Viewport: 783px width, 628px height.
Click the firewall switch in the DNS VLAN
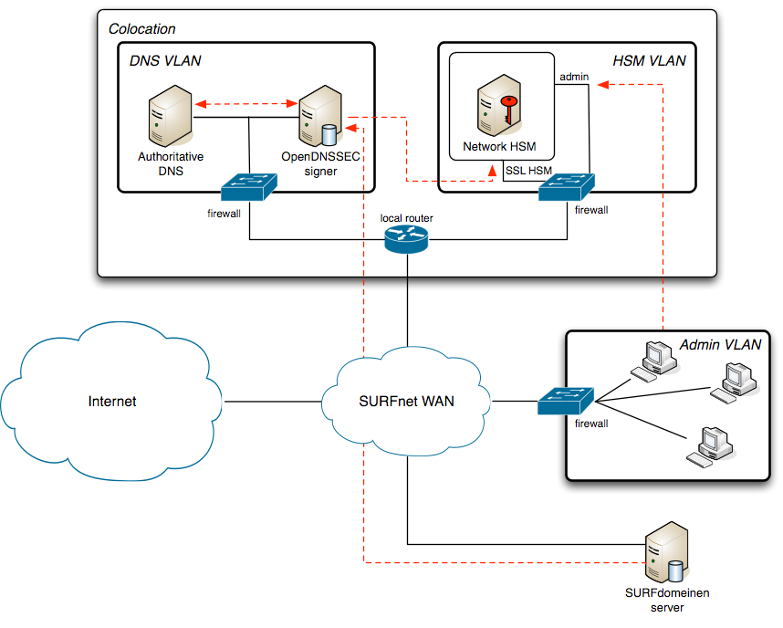(249, 187)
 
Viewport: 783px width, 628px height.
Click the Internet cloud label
(112, 401)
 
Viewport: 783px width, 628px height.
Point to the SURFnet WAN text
(407, 401)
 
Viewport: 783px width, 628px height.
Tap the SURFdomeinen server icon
(663, 553)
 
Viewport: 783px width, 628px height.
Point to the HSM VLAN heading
(649, 61)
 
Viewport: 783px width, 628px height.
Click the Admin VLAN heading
(720, 344)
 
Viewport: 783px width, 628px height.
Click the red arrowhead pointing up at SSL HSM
(494, 170)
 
